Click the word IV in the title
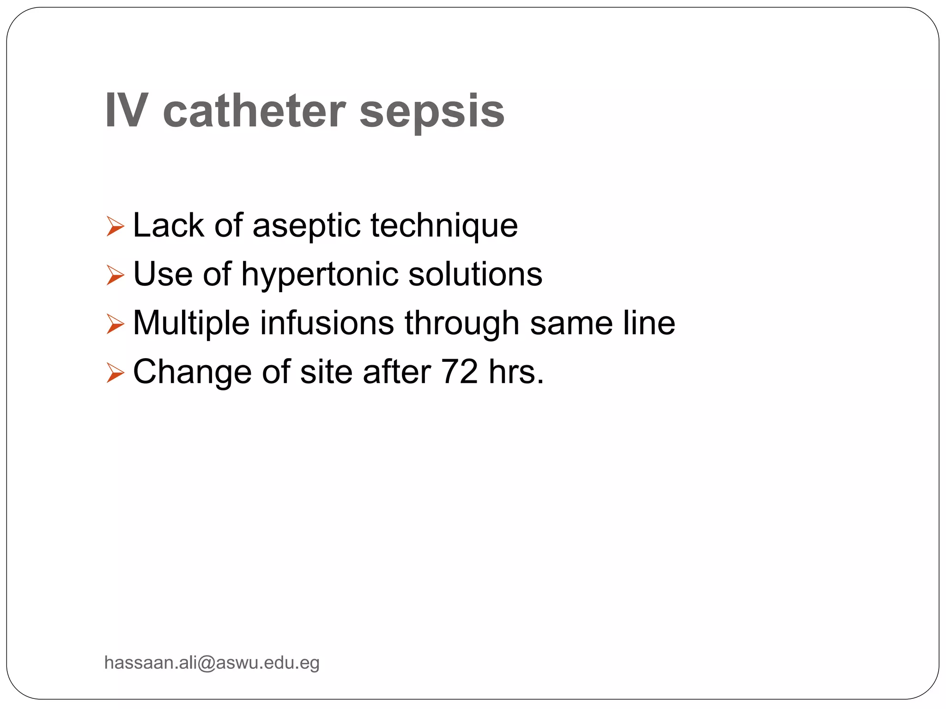(127, 111)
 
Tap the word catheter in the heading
(254, 111)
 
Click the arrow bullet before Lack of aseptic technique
(115, 226)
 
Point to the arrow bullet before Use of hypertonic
(115, 275)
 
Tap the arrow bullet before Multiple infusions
(115, 324)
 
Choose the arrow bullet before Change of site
(115, 373)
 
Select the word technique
(444, 226)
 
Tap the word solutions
(475, 274)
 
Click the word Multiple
(191, 323)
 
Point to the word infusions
(327, 323)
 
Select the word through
(462, 324)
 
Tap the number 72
(459, 372)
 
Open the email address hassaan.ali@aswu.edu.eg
(212, 663)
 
